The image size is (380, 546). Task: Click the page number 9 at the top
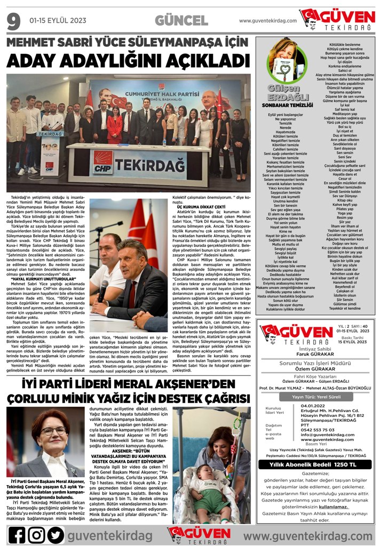coord(13,20)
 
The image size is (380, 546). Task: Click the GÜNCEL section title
coord(181,20)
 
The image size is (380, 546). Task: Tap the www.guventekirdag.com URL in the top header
coord(267,20)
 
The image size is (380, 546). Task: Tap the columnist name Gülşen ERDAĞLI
coord(288,92)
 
